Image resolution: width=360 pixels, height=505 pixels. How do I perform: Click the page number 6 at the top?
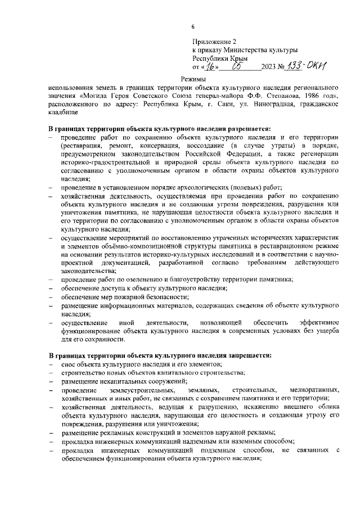[192, 26]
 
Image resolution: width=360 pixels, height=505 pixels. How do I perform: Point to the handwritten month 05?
[237, 66]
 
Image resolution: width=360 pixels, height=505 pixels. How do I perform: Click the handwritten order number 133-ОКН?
[307, 66]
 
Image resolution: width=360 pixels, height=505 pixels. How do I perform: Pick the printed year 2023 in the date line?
[268, 68]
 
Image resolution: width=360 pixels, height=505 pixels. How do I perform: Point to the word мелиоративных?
[313, 390]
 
